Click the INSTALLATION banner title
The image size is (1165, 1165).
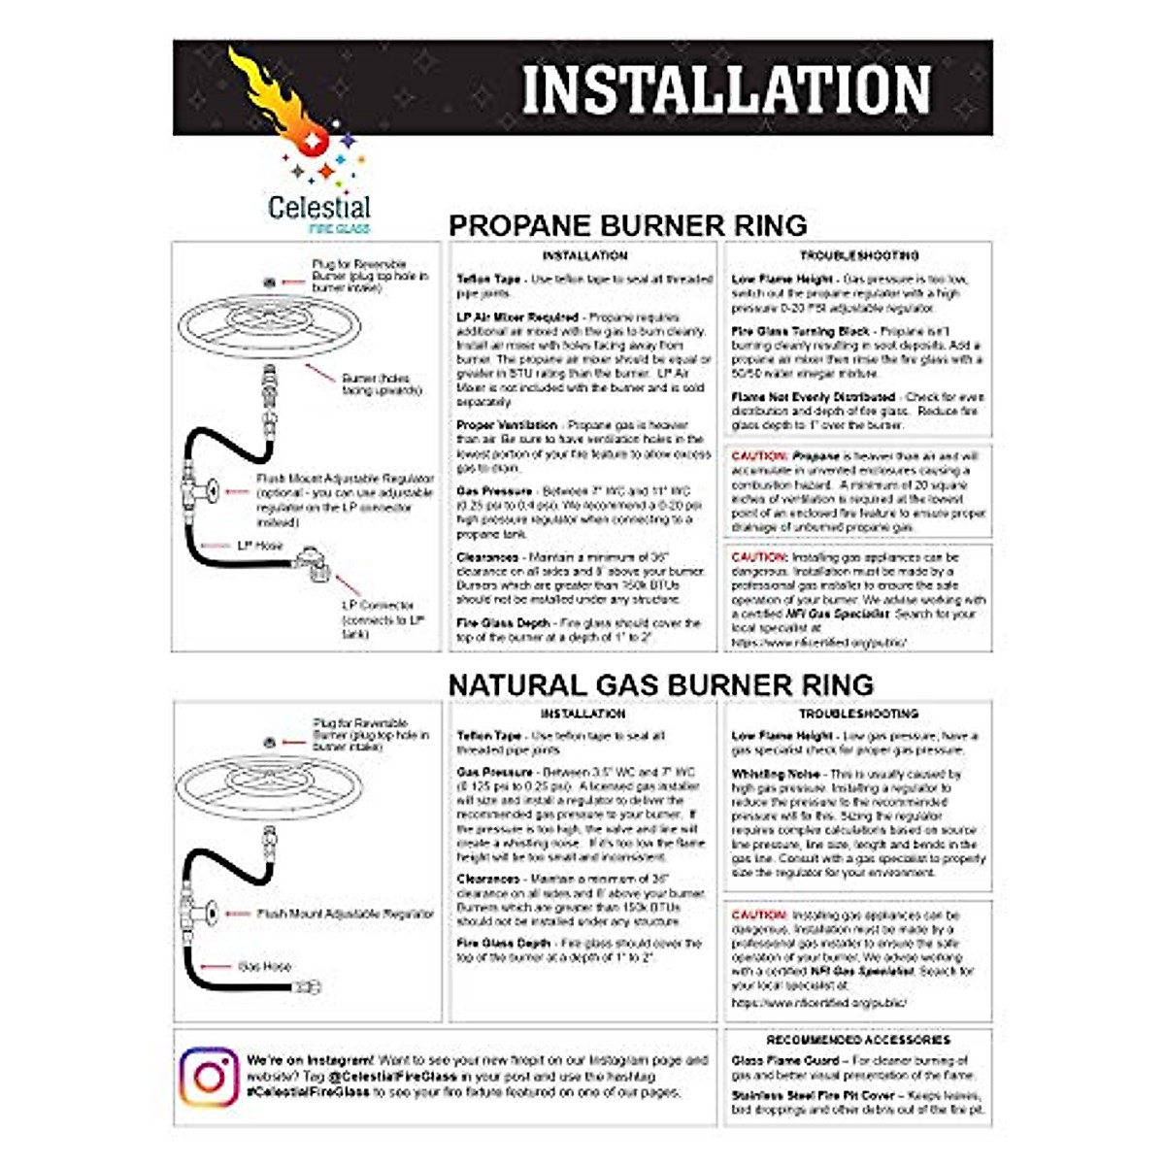(726, 89)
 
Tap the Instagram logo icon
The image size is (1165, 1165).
(210, 1077)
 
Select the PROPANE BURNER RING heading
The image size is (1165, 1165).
(627, 225)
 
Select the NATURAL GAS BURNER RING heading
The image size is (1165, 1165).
(660, 683)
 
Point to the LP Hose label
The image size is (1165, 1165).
(260, 546)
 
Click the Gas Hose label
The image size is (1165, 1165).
(265, 966)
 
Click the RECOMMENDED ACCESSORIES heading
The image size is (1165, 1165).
(857, 1040)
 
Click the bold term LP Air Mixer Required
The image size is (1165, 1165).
(517, 316)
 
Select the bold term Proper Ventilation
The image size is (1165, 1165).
(507, 425)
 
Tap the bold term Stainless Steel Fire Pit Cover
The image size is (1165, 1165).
(800, 1095)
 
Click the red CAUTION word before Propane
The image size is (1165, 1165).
(758, 455)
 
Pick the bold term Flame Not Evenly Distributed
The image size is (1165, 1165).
(813, 397)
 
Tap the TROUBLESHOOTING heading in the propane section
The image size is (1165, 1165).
(858, 255)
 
